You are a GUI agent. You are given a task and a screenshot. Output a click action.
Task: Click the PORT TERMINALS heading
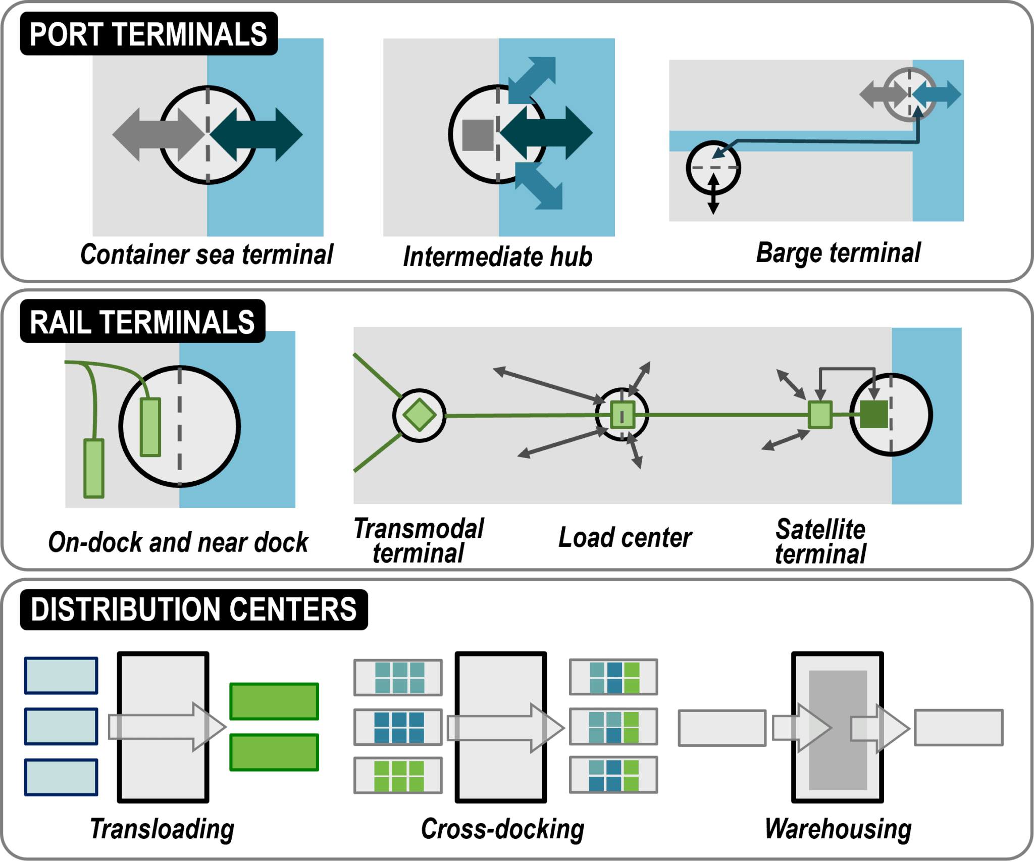148,34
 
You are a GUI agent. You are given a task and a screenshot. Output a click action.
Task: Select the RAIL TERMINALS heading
142,322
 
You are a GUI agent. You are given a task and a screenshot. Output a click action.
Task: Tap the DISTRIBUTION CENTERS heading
193,610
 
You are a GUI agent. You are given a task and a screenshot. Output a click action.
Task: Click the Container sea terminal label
206,254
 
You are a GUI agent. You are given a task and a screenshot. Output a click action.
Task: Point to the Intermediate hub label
497,257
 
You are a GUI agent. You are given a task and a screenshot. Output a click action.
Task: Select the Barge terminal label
838,252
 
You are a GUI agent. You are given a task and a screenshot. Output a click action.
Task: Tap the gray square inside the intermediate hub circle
478,135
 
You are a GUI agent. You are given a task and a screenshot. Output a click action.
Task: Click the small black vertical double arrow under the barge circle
713,194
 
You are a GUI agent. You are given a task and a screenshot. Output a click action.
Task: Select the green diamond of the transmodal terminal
419,415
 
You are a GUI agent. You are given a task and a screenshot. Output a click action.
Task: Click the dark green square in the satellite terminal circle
873,415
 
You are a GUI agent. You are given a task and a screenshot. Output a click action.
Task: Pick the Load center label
625,537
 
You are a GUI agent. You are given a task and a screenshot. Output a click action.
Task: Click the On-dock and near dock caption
178,542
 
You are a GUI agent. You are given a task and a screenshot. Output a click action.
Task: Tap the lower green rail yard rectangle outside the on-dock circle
94,468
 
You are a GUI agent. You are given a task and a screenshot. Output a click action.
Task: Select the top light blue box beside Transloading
61,676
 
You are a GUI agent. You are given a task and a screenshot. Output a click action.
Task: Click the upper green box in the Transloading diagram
274,701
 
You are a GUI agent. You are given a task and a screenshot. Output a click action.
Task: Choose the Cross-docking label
502,829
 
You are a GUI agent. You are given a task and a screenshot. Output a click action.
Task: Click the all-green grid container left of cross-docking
398,776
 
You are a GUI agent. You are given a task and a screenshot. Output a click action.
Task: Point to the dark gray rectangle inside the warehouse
838,730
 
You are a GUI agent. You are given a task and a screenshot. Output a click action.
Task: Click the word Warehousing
838,829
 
